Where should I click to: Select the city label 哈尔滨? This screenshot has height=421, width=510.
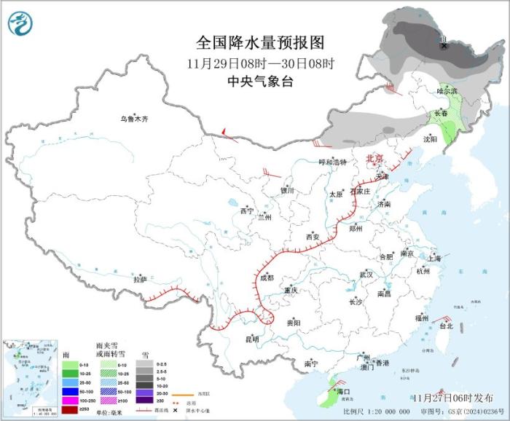point(447,91)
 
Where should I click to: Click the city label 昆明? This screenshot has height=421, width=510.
point(252,339)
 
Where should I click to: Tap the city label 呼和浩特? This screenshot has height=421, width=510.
point(333,162)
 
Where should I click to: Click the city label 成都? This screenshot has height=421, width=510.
point(266,278)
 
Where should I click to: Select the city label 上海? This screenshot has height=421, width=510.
point(434,259)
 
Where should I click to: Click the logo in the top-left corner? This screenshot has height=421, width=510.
point(21,23)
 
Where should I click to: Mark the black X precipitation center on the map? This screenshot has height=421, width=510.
point(444,46)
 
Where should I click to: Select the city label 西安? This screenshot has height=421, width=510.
point(313,237)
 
